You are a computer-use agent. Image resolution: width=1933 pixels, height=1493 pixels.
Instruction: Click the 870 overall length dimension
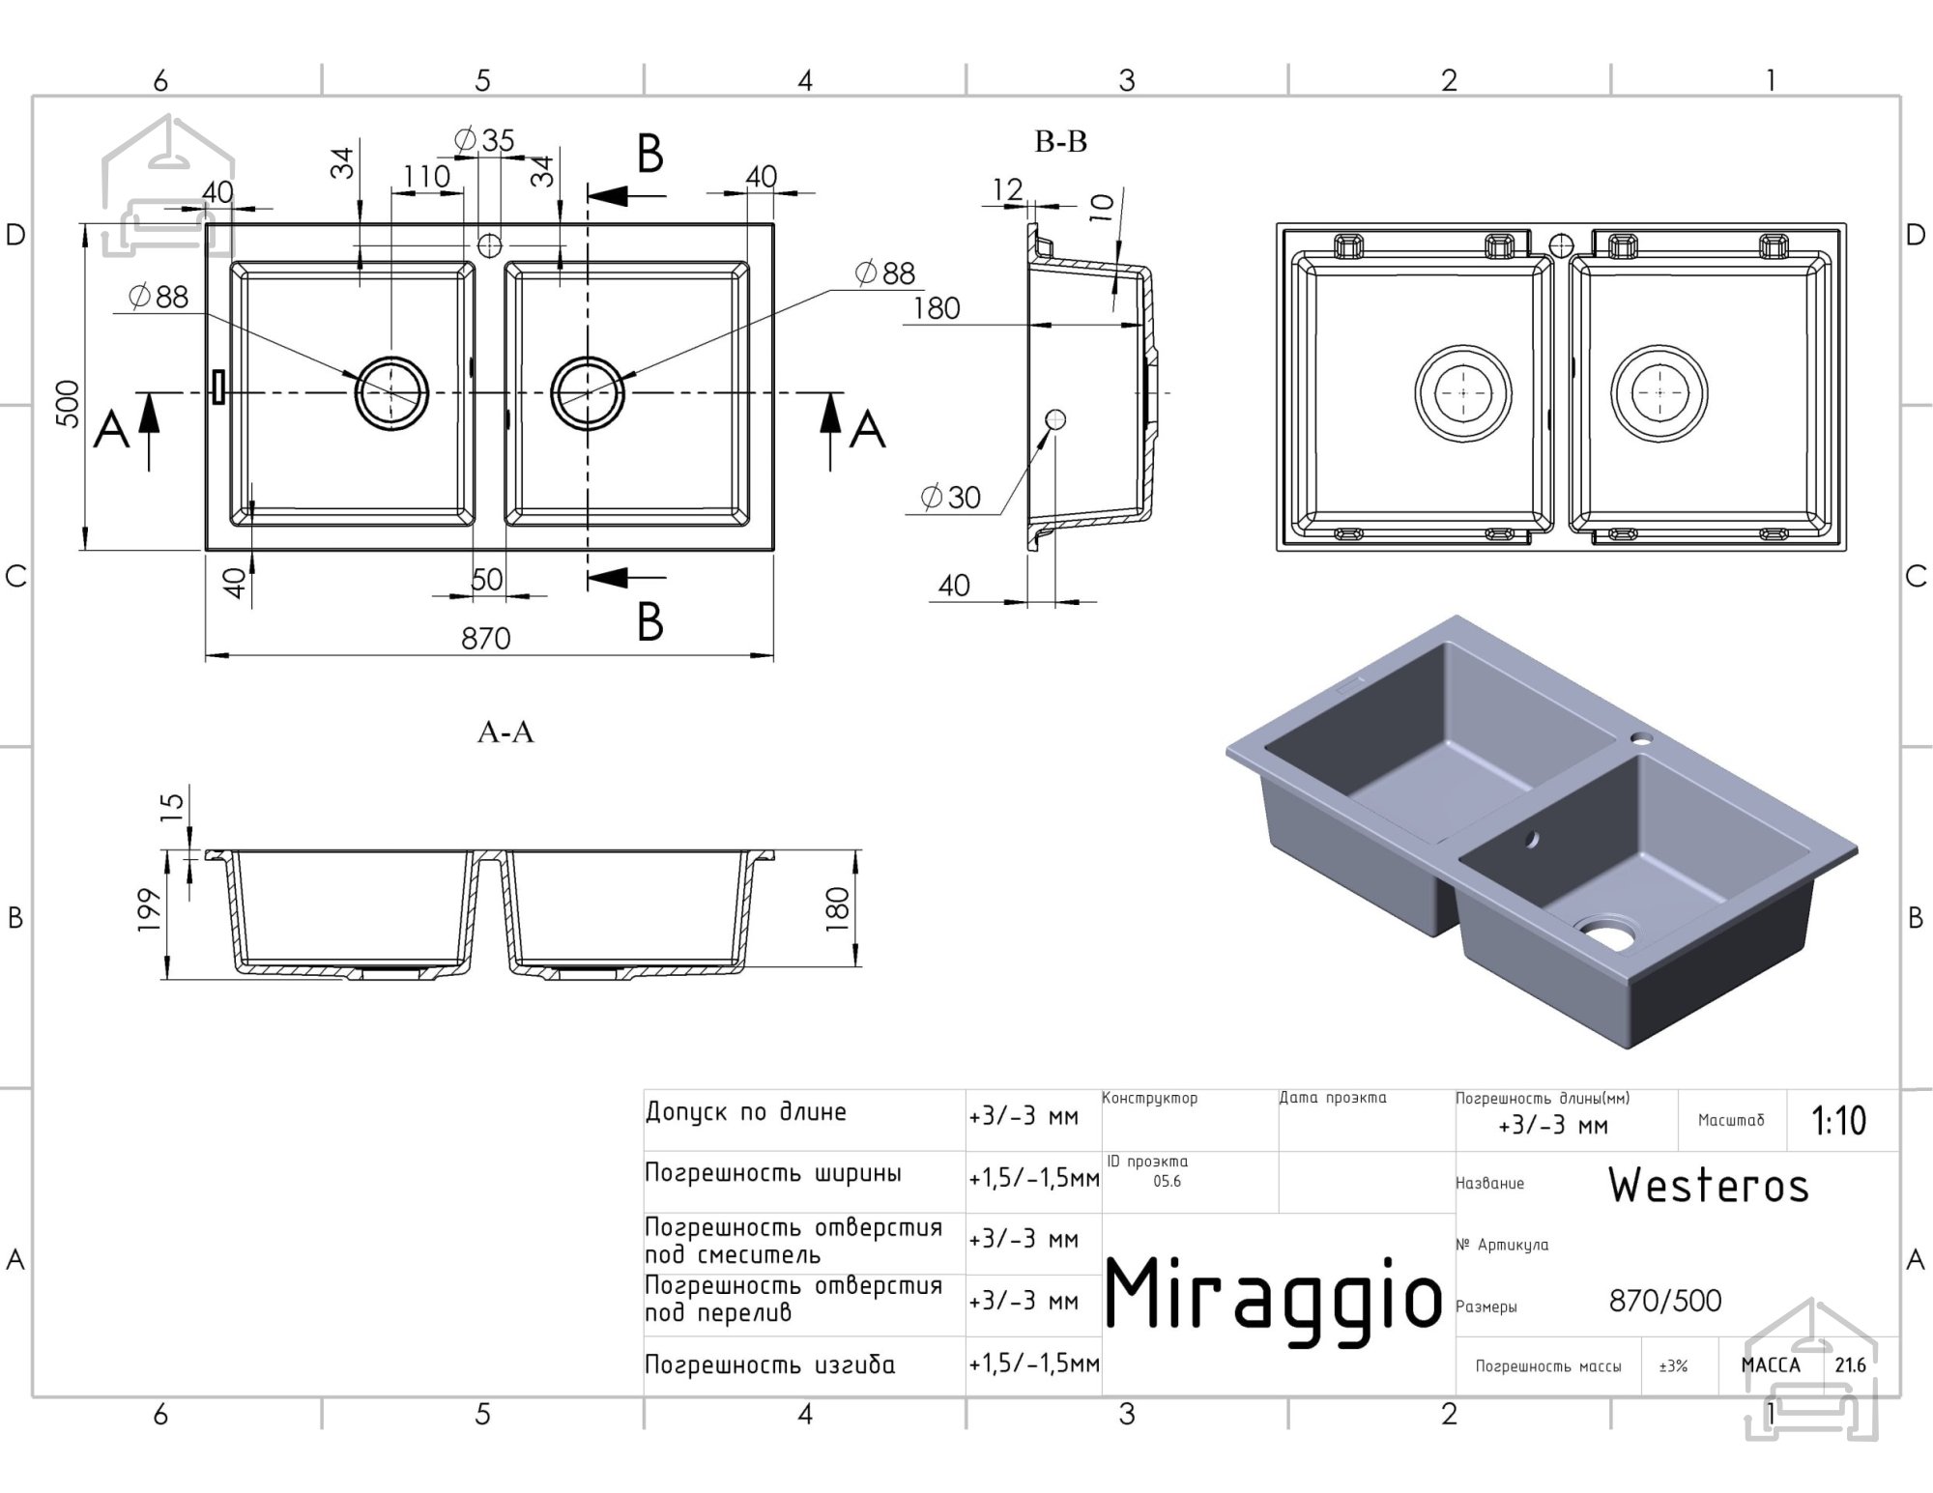485,639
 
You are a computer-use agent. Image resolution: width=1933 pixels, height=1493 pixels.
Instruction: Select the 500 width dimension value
67,404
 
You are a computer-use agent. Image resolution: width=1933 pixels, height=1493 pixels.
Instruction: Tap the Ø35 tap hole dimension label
484,141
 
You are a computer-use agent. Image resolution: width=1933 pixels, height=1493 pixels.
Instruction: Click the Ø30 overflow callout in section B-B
951,498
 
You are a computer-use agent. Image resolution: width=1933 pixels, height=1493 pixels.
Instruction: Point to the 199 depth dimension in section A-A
149,909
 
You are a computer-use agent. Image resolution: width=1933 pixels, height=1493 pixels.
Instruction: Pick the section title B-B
1060,142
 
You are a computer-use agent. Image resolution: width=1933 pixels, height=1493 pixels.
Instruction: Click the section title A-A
505,732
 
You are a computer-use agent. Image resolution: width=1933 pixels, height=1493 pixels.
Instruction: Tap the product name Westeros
1709,1185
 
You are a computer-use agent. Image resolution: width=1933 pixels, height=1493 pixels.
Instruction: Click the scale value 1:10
1838,1121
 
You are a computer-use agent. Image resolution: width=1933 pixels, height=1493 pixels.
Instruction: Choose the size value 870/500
1665,1301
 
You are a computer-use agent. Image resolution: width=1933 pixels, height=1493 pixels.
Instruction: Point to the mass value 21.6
1850,1365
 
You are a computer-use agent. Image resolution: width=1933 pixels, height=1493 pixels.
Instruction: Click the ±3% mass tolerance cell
1673,1366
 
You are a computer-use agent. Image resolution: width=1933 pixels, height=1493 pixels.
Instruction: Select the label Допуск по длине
746,1112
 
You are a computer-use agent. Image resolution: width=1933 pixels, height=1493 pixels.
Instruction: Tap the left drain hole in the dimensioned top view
391,393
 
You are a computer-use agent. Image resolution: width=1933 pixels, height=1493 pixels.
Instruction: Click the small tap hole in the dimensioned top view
490,244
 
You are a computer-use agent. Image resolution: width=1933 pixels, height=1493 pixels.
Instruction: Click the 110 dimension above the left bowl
426,177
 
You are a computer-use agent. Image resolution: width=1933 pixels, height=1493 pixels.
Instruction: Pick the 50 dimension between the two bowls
487,579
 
